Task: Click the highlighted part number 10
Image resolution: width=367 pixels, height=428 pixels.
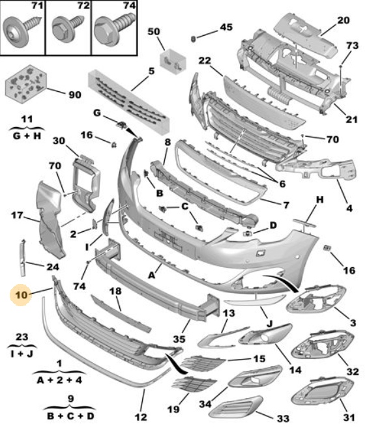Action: (x=22, y=295)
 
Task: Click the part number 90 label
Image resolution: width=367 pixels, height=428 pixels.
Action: (x=74, y=94)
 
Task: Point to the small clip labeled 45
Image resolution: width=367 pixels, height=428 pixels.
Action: (x=194, y=39)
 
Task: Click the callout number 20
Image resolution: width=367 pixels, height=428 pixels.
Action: (x=343, y=20)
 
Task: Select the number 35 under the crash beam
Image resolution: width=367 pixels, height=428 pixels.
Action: (x=179, y=339)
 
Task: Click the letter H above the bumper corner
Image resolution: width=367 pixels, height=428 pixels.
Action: (x=320, y=200)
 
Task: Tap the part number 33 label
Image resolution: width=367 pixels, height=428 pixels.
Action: (x=283, y=418)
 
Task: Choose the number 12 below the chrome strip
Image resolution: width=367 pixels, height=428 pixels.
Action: (x=141, y=417)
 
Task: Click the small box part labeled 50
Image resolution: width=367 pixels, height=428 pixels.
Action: (x=173, y=61)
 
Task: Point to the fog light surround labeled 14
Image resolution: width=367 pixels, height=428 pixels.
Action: (x=265, y=335)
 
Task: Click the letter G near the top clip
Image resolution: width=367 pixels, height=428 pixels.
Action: (x=97, y=113)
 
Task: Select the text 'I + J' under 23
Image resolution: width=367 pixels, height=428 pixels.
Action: (x=22, y=354)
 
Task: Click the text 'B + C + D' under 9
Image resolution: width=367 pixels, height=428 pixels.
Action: (x=70, y=416)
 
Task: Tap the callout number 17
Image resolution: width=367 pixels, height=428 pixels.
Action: (x=17, y=216)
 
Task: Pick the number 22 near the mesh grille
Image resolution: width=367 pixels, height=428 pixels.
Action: (x=205, y=61)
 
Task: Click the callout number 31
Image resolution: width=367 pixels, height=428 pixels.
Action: (x=349, y=418)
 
